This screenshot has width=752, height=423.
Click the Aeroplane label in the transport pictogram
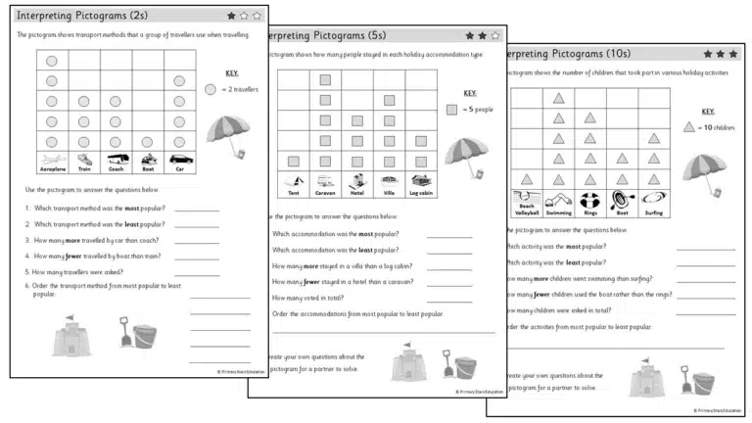(52, 168)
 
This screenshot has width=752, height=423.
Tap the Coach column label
(116, 168)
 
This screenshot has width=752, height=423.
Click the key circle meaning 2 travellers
(211, 89)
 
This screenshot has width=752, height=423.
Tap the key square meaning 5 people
(451, 110)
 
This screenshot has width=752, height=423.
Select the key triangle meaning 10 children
(689, 127)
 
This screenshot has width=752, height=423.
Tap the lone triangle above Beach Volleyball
(527, 178)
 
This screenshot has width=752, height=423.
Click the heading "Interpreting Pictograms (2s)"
(82, 16)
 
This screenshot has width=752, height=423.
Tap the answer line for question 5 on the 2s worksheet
(197, 271)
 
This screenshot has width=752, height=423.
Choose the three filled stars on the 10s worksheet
(720, 54)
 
